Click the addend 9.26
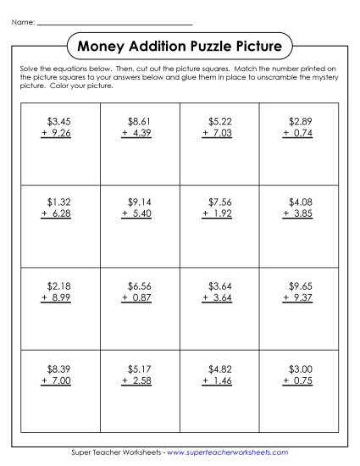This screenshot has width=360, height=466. coord(60,133)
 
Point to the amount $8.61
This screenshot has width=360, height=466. coord(138,122)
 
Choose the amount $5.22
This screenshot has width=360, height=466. coord(220,122)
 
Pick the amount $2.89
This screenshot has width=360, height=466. coord(301,122)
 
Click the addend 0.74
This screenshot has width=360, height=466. coord(304,133)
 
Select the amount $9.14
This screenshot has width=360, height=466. coord(138,202)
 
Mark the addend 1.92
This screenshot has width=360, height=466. coord(223,214)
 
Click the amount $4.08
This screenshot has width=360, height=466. coord(301,202)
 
